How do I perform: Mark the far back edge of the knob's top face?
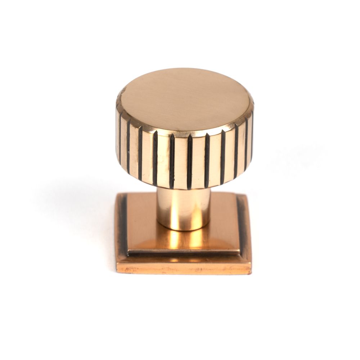[184, 69]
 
